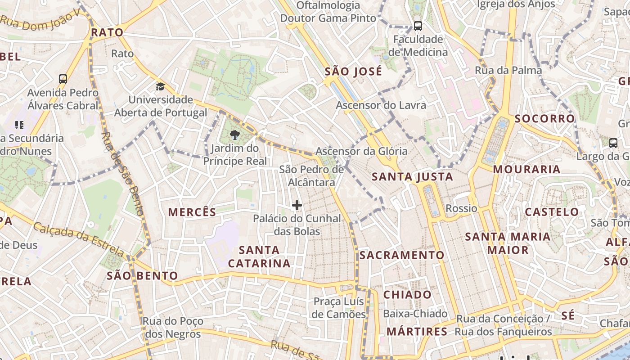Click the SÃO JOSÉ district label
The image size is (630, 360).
(x=353, y=72)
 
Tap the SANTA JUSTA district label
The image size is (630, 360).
(x=413, y=177)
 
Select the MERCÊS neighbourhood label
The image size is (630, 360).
(x=192, y=212)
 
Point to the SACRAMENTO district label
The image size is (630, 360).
(x=402, y=255)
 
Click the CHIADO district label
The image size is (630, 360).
(x=407, y=295)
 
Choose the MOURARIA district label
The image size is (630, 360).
(x=526, y=170)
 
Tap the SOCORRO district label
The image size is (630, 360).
(x=544, y=119)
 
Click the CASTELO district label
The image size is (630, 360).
(x=552, y=211)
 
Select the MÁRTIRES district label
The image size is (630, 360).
(x=417, y=332)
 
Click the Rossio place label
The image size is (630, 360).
(x=461, y=208)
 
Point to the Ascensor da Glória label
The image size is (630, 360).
(x=361, y=151)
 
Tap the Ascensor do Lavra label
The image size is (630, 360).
(x=381, y=105)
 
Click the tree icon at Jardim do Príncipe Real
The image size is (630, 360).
(x=234, y=135)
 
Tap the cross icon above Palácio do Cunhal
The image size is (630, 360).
(x=297, y=205)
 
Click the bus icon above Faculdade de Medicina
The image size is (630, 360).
(x=418, y=26)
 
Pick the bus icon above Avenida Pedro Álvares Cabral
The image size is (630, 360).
(x=63, y=79)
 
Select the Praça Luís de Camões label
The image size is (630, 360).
(x=339, y=307)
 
